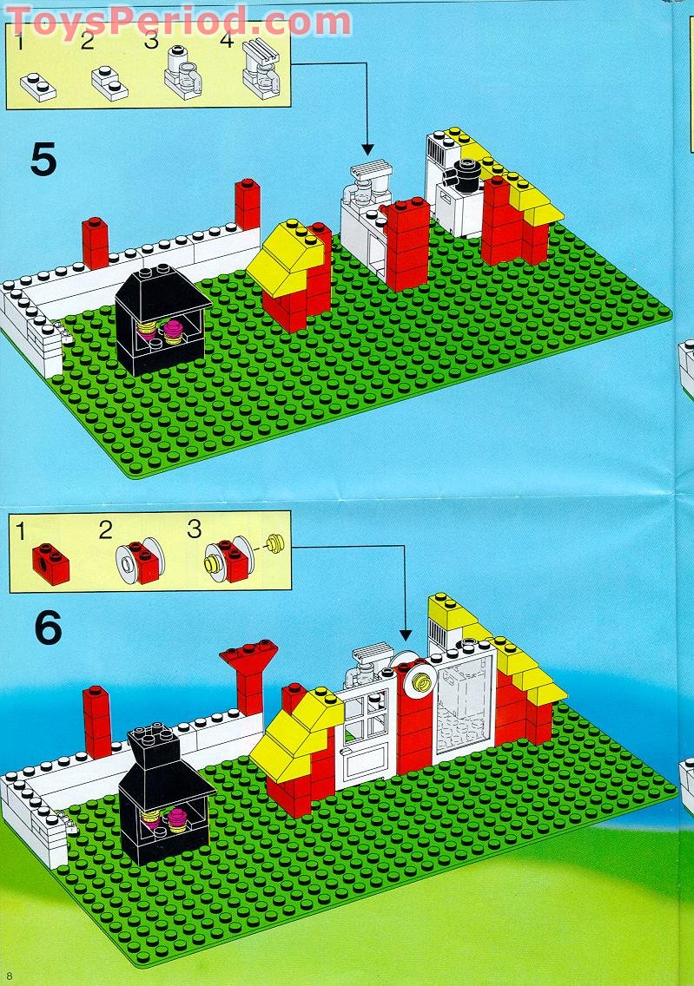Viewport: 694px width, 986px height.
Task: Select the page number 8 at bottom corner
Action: (10, 977)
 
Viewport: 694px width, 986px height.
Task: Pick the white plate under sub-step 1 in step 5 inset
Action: (39, 85)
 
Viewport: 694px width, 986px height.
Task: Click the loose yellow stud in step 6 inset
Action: (276, 544)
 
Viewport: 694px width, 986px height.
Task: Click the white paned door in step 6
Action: (366, 728)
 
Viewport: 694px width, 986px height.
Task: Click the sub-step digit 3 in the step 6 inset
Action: (194, 529)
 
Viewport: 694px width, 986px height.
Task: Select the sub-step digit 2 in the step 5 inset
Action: (87, 41)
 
